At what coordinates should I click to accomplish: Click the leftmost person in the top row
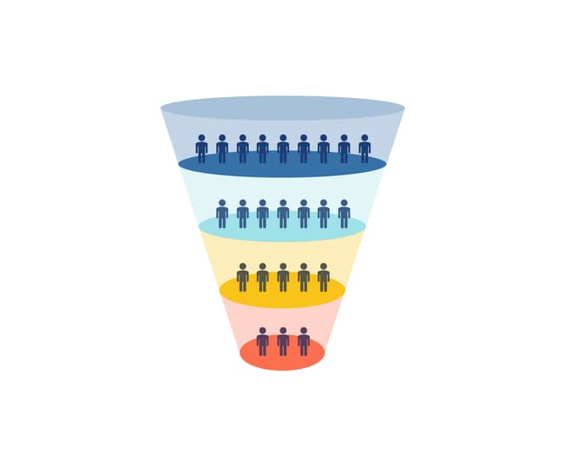pyautogui.click(x=201, y=149)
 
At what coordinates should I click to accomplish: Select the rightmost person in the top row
pyautogui.click(x=365, y=149)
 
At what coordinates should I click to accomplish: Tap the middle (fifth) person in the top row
pyautogui.click(x=283, y=149)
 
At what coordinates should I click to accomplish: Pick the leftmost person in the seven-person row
pyautogui.click(x=222, y=213)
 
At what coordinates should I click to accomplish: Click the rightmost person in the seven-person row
pyautogui.click(x=344, y=213)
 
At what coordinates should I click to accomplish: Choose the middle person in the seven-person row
pyautogui.click(x=283, y=213)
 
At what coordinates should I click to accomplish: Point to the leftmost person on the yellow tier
pyautogui.click(x=242, y=278)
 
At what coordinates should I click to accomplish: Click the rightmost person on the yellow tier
pyautogui.click(x=324, y=278)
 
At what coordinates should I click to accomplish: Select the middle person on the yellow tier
pyautogui.click(x=283, y=278)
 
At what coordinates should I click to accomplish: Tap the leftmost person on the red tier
pyautogui.click(x=262, y=342)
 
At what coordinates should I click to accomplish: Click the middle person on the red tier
pyautogui.click(x=283, y=342)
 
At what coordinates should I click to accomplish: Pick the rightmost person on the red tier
pyautogui.click(x=304, y=342)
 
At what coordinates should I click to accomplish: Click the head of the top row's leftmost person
pyautogui.click(x=201, y=137)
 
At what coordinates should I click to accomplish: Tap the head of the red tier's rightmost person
pyautogui.click(x=304, y=331)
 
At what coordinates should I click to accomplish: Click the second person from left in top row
pyautogui.click(x=222, y=149)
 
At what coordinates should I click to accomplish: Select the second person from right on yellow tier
pyautogui.click(x=304, y=278)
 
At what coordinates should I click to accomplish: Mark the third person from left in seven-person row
pyautogui.click(x=262, y=213)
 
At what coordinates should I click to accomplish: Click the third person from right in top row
pyautogui.click(x=324, y=149)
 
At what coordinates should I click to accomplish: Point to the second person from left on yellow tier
pyautogui.click(x=262, y=278)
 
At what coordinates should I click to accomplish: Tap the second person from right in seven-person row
pyautogui.click(x=324, y=213)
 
